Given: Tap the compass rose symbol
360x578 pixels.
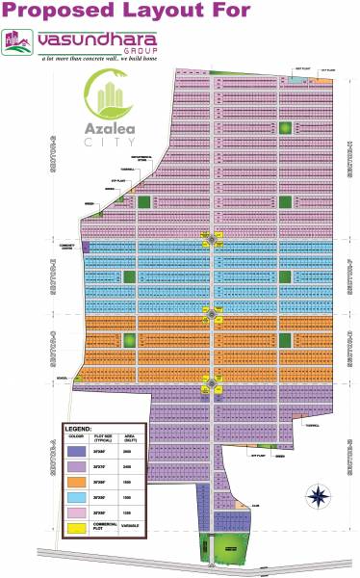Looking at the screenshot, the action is click(x=317, y=497).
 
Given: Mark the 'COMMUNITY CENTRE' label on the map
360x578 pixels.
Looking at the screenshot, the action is click(x=68, y=246).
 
